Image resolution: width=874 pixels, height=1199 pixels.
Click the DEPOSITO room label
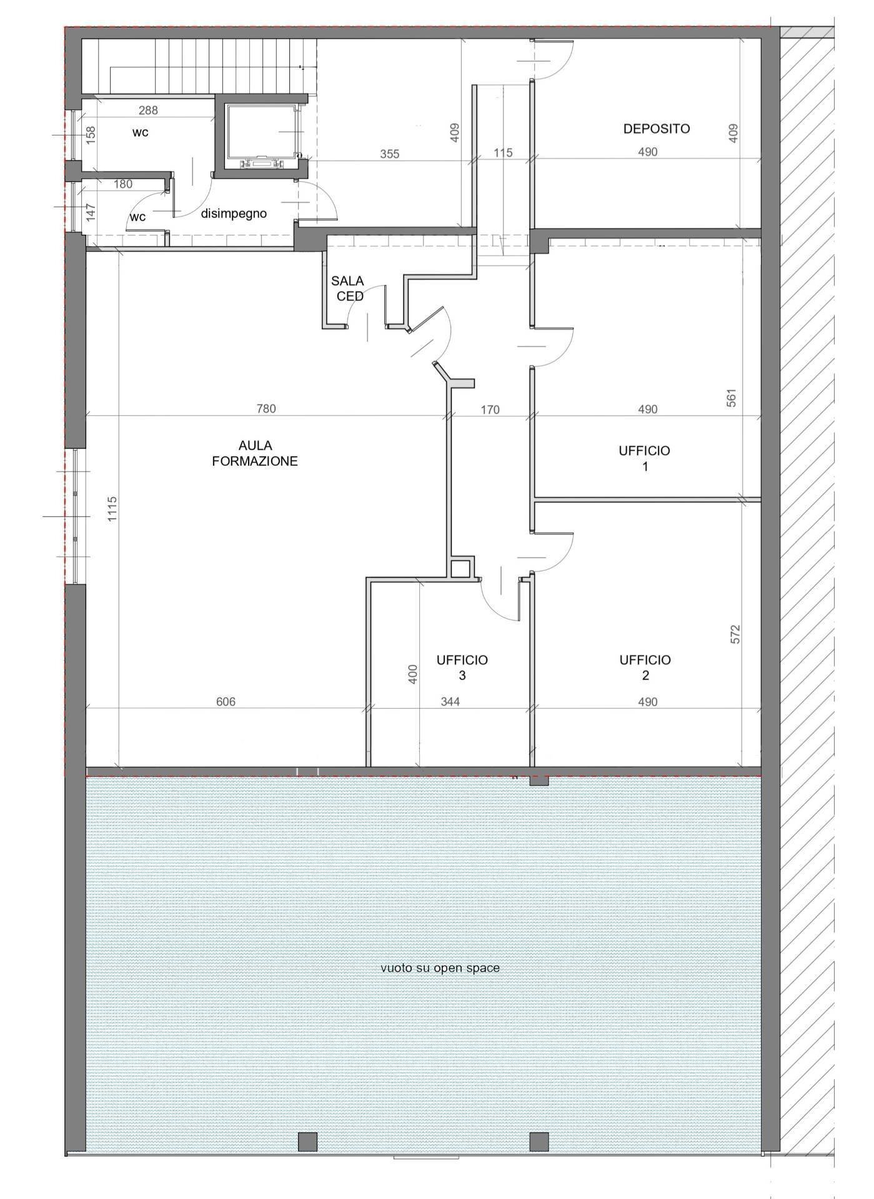(x=657, y=129)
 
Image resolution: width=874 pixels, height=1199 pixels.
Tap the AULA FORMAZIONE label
(x=255, y=453)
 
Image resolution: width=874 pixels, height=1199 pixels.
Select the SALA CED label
(x=348, y=289)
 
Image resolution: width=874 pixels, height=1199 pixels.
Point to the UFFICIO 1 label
(x=644, y=458)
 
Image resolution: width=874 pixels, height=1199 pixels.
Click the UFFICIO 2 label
(x=645, y=668)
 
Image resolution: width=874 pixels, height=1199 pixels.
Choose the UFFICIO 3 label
(x=462, y=668)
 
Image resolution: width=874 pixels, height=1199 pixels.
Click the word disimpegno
(x=234, y=214)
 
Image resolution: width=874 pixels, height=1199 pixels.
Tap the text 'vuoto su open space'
(x=440, y=968)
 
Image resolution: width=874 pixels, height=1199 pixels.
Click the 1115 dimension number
(x=112, y=509)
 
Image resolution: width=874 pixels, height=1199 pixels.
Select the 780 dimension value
(x=266, y=409)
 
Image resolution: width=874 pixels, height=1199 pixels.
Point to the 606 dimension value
(x=226, y=702)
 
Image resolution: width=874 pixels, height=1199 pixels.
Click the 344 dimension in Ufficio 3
(x=450, y=702)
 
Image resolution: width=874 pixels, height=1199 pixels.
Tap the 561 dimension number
(x=732, y=398)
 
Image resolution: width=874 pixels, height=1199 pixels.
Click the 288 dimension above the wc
(x=148, y=111)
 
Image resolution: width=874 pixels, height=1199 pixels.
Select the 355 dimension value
(x=389, y=154)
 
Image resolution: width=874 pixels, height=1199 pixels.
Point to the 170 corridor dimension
(x=490, y=410)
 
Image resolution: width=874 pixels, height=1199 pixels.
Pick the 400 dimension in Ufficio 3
(x=412, y=674)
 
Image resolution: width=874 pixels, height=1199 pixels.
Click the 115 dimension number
(x=503, y=152)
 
